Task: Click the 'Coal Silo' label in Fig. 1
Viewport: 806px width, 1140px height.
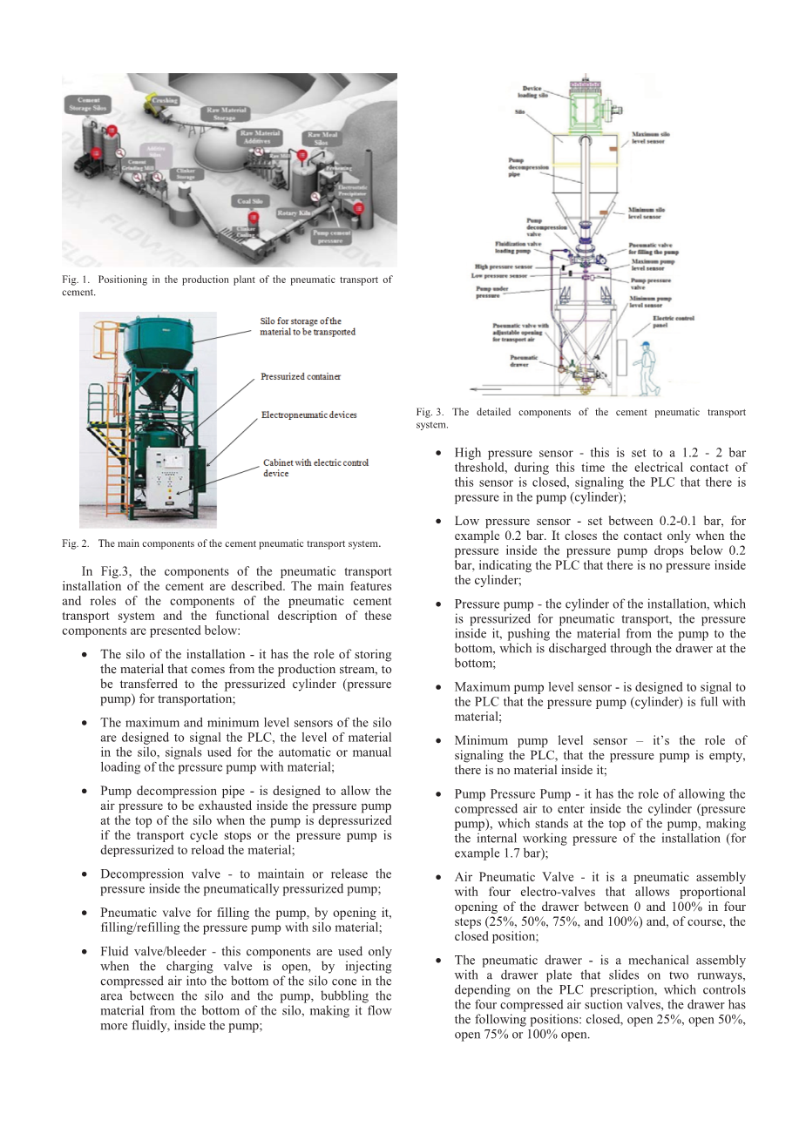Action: click(250, 201)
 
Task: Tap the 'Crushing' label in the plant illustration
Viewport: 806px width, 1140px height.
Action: click(165, 101)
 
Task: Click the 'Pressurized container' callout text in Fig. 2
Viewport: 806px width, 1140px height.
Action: click(301, 377)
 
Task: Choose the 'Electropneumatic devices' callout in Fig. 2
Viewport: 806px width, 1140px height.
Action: click(309, 415)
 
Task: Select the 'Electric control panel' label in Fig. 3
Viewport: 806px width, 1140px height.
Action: click(673, 321)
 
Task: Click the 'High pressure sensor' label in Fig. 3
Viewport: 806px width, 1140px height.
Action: click(503, 267)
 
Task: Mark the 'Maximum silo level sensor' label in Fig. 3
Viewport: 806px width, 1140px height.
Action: click(651, 138)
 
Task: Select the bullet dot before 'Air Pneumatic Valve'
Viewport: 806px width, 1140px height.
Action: click(438, 877)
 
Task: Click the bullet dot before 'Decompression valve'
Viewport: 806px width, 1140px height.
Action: click(85, 874)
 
